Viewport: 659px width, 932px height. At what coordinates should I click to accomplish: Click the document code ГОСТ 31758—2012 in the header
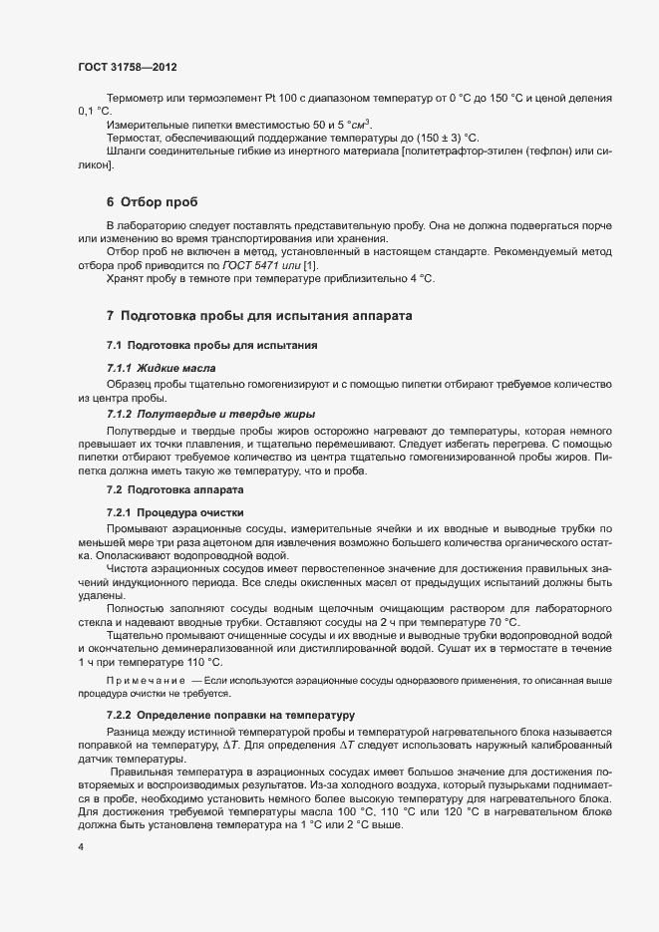(x=128, y=66)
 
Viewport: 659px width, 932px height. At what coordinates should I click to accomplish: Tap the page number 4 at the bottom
(x=80, y=848)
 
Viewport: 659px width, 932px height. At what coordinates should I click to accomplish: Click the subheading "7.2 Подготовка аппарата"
(x=172, y=489)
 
